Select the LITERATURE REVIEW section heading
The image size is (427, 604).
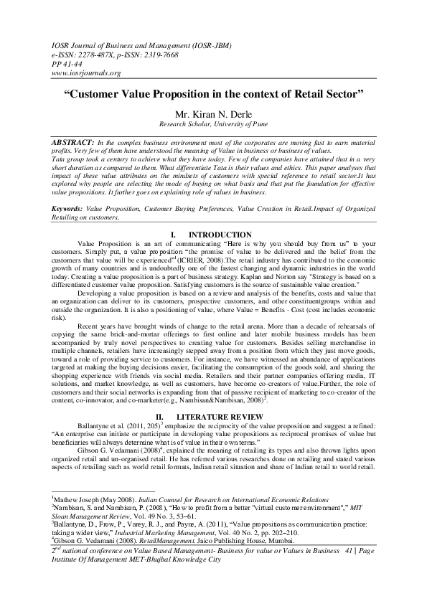[x=227, y=415]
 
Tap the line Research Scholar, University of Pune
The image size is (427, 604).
[x=213, y=124]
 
